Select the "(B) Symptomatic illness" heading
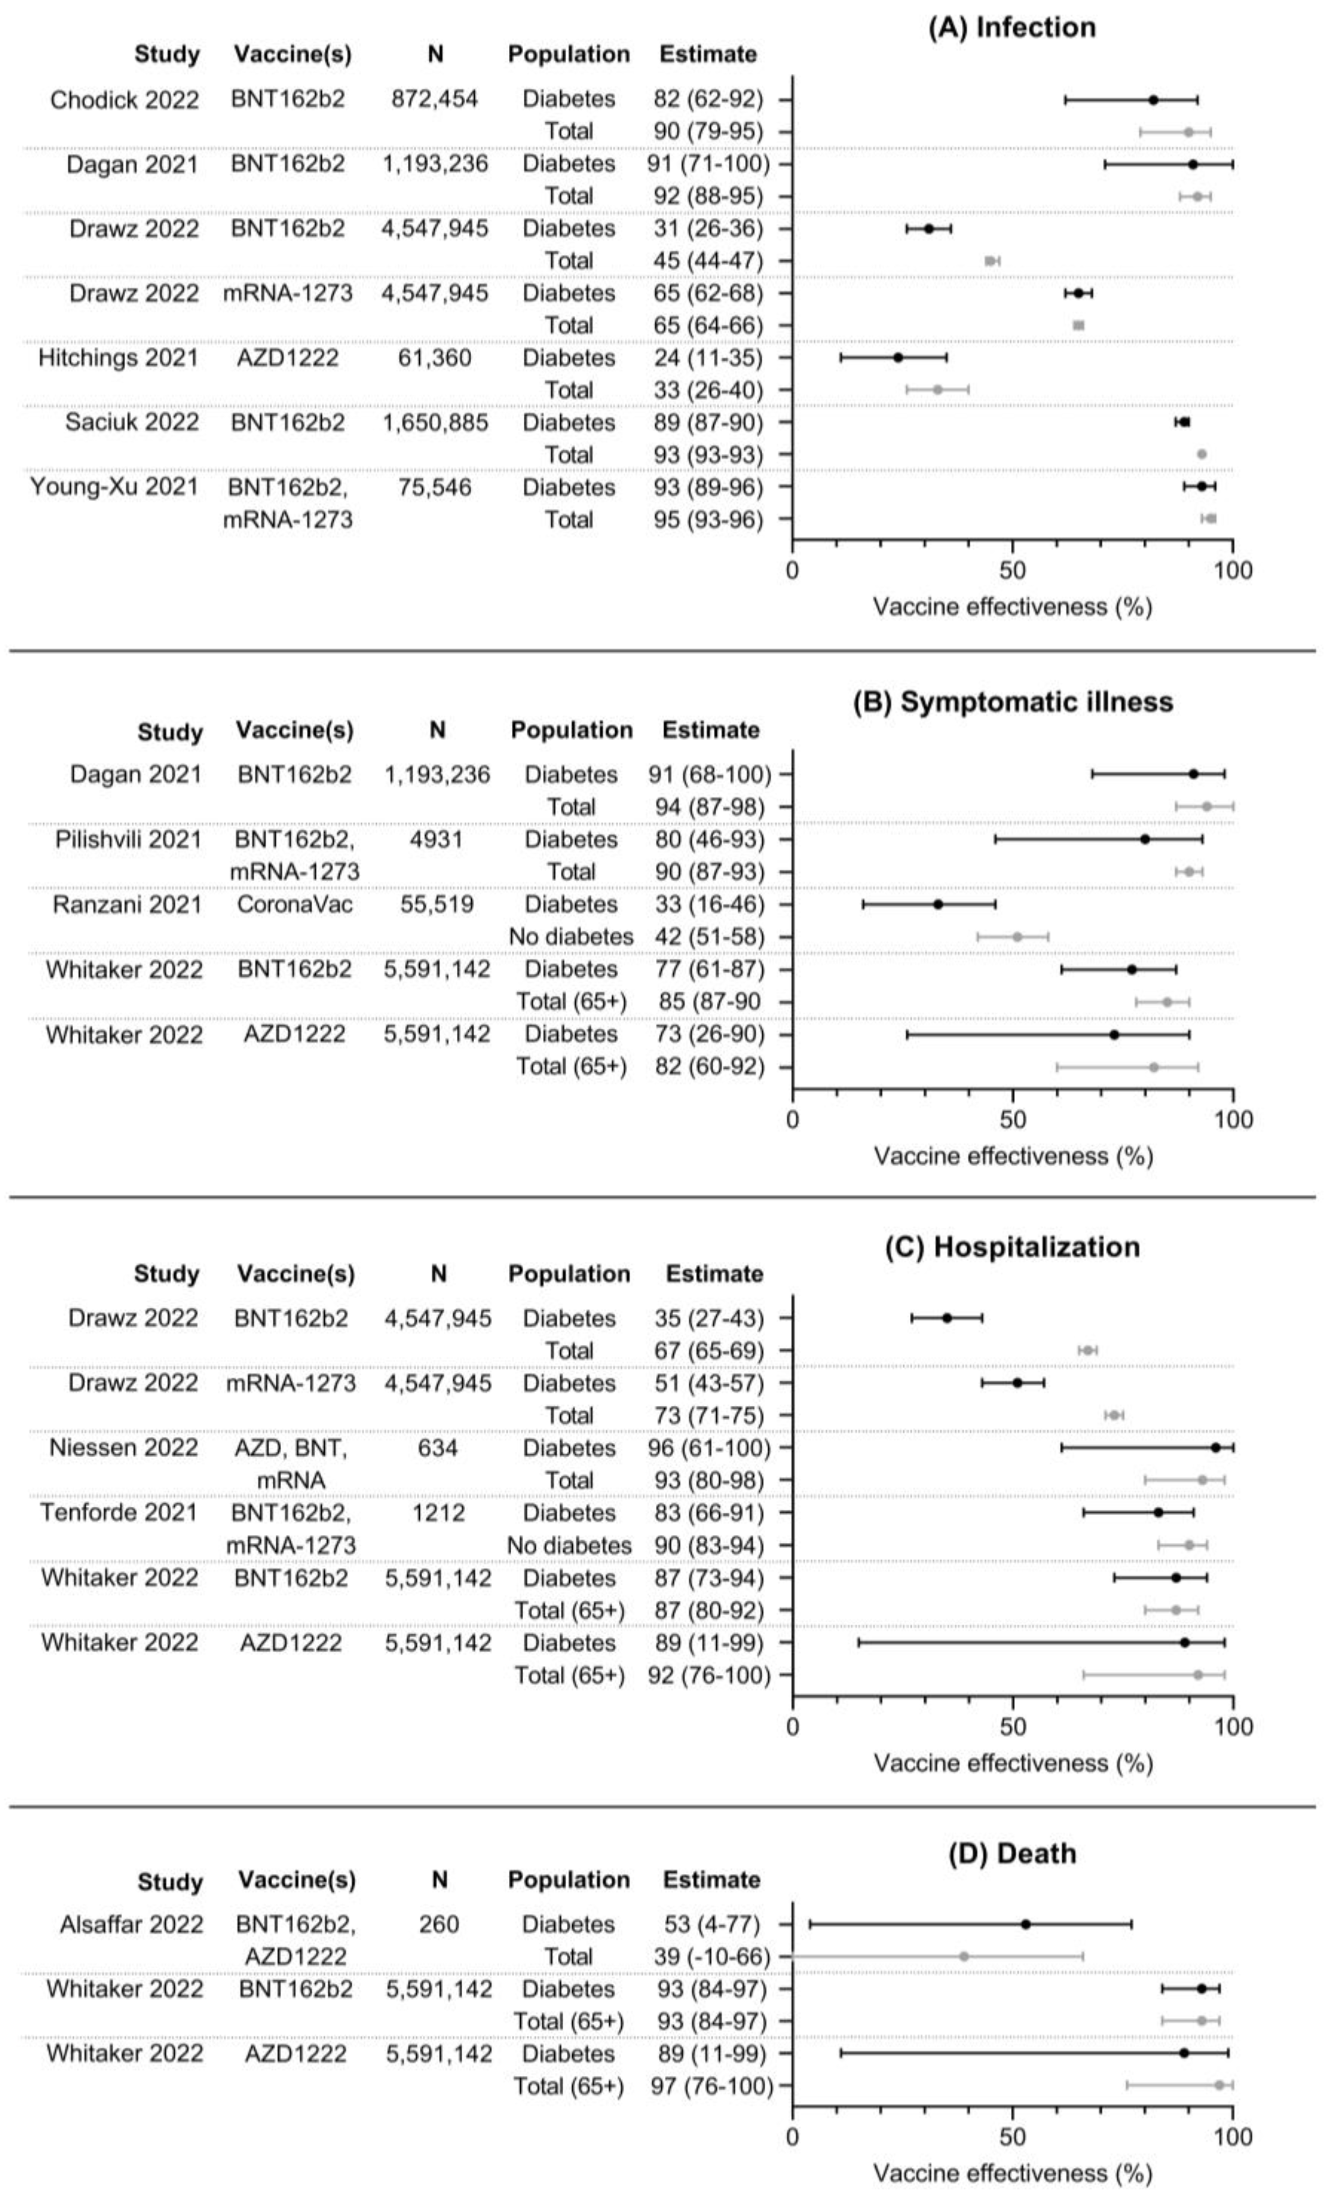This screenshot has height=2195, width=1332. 1012,702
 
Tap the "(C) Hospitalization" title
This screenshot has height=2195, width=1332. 1012,1246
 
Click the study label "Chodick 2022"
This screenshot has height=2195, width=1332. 124,100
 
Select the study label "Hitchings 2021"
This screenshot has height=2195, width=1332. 118,358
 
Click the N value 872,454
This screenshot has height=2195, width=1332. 435,99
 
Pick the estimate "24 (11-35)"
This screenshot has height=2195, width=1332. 708,358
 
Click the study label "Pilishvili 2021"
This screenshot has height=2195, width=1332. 128,839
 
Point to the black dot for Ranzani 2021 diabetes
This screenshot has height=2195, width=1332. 938,904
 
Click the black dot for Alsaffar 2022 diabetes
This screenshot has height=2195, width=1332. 1026,1924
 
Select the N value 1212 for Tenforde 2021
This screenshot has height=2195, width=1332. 439,1513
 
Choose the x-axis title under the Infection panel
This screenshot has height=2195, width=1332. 1012,607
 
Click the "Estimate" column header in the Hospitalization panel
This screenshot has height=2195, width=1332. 714,1274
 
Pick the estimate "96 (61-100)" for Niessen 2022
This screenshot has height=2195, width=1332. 709,1448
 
